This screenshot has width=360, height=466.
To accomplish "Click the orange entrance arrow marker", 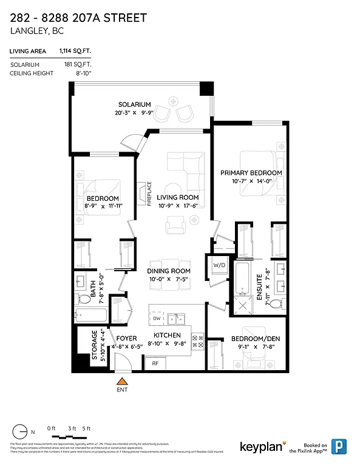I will tap(122, 381).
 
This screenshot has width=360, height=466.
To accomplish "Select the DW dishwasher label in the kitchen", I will tap(156, 319).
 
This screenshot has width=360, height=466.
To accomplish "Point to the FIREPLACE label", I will tap(149, 194).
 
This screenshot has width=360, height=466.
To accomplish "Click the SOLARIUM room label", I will tap(135, 104).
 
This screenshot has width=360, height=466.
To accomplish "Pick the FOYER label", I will tap(126, 337).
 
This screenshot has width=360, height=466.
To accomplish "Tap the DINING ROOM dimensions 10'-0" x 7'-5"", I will tap(168, 279).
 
